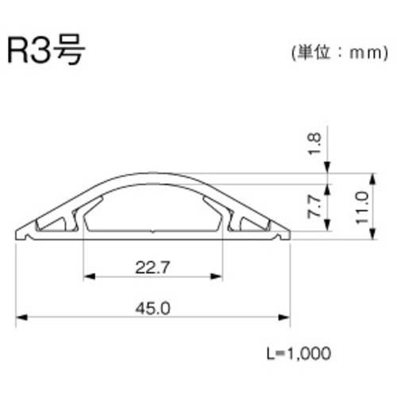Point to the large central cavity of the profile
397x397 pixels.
point(152,210)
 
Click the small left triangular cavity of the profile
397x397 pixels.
point(56,225)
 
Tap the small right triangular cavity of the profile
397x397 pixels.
point(250,225)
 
